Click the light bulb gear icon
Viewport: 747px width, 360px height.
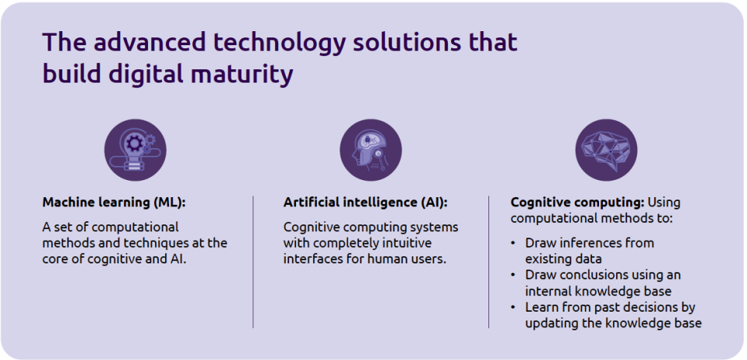click(x=136, y=150)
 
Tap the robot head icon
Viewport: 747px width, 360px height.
click(x=371, y=150)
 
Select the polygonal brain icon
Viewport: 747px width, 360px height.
click(x=606, y=150)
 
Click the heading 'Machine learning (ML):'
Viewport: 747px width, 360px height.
click(x=114, y=203)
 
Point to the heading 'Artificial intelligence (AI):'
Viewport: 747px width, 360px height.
click(x=366, y=203)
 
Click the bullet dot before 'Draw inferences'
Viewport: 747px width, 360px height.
click(x=513, y=243)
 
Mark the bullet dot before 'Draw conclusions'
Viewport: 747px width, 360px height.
click(x=513, y=275)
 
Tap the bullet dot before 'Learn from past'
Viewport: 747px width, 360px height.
click(x=513, y=307)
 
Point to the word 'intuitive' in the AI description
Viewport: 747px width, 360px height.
click(x=409, y=243)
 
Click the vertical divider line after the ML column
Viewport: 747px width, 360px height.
click(x=253, y=261)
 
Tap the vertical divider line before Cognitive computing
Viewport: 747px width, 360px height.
click(x=489, y=261)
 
